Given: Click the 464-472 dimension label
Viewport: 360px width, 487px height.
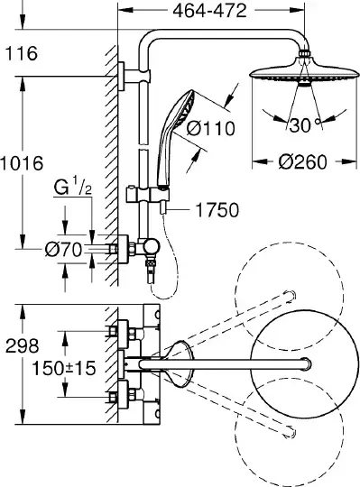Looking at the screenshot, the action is [x=209, y=11].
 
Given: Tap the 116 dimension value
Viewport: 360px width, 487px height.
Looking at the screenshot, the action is [x=22, y=53].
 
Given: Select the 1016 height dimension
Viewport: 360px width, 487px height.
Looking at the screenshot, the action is [x=22, y=163].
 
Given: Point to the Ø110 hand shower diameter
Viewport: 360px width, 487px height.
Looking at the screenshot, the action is [x=211, y=128].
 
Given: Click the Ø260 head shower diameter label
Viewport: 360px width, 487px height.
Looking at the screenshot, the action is [x=303, y=161].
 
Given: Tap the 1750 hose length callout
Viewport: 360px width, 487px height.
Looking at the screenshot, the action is [x=217, y=210].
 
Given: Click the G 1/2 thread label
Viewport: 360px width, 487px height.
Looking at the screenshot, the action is [x=73, y=187].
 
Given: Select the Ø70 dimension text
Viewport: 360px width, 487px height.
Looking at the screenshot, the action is [x=63, y=250].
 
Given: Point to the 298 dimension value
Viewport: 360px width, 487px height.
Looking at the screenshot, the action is [x=23, y=345].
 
